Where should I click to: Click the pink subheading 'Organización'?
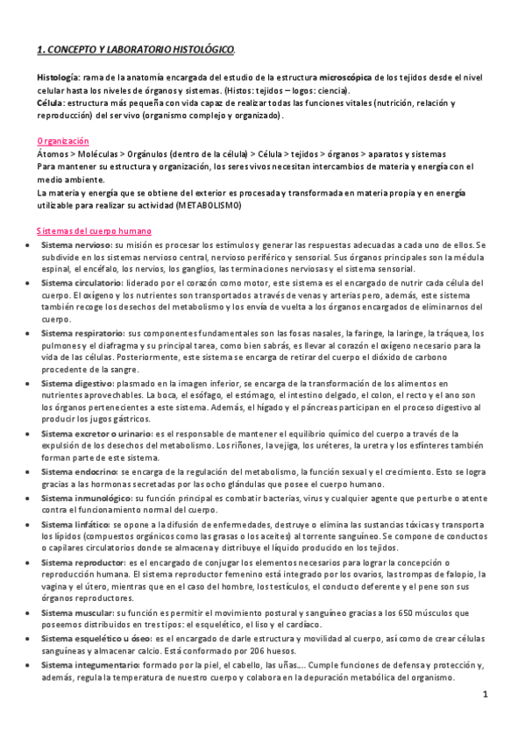click(62, 141)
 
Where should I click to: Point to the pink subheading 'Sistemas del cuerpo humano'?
click(95, 231)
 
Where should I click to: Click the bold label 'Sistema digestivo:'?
click(77, 384)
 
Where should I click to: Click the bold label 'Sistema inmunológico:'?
click(86, 498)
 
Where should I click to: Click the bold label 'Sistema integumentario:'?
click(89, 665)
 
